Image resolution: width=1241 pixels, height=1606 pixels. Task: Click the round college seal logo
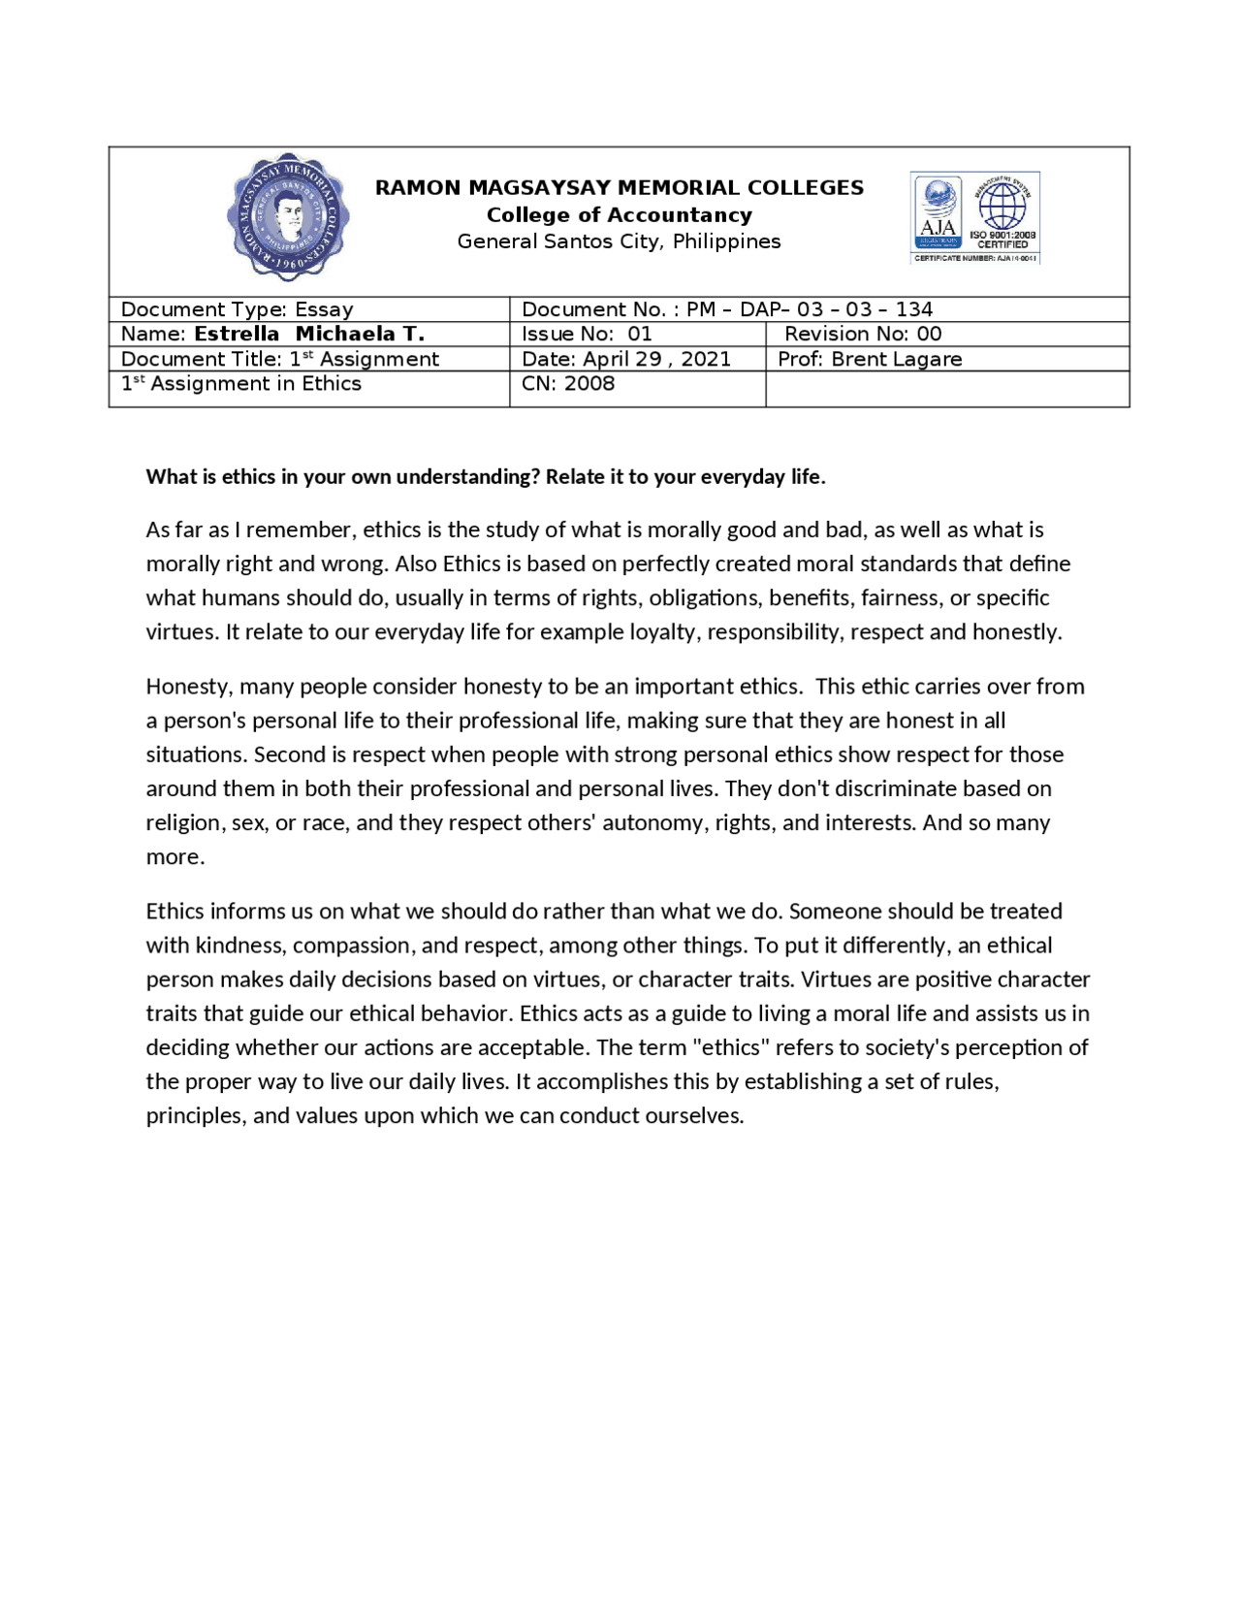(287, 216)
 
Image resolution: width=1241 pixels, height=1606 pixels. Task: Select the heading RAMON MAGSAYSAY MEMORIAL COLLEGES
(619, 187)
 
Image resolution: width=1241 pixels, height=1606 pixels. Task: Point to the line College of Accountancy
(619, 214)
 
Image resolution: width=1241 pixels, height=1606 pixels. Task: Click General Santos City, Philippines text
(619, 241)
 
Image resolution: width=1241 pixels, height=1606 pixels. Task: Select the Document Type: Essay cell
(237, 309)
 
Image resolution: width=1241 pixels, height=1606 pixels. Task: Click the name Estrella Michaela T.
(308, 334)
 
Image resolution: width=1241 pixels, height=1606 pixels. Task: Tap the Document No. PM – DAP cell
(726, 309)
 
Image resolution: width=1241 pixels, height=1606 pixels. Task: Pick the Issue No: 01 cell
(586, 334)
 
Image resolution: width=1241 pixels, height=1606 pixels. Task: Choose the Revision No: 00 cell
(862, 334)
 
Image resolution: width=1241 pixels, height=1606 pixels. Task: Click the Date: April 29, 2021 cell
(625, 359)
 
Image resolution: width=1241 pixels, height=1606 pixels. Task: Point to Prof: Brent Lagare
(869, 359)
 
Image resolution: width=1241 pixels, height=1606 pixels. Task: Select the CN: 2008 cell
(567, 383)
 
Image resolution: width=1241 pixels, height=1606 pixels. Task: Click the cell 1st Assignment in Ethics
(240, 384)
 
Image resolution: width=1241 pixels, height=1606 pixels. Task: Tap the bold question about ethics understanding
(485, 476)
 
